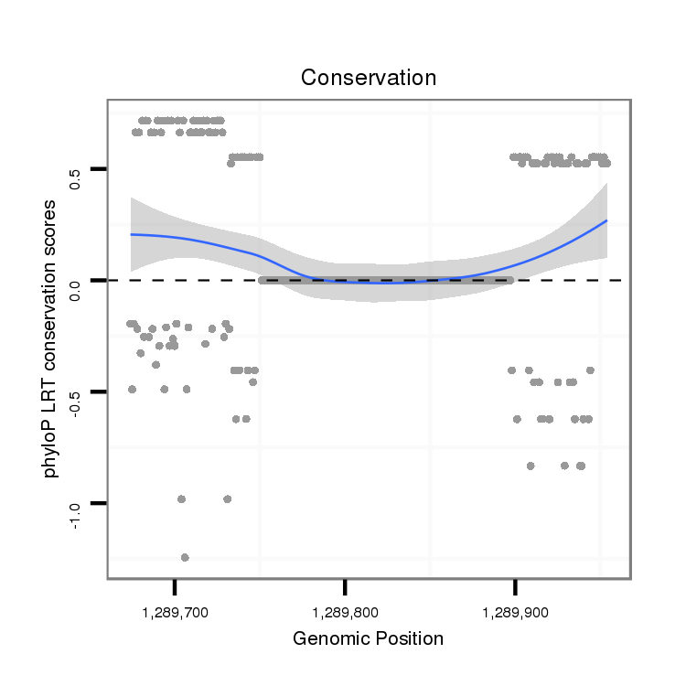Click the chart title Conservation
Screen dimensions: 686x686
369,78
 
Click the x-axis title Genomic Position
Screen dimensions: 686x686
368,638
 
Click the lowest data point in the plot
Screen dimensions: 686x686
185,557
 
